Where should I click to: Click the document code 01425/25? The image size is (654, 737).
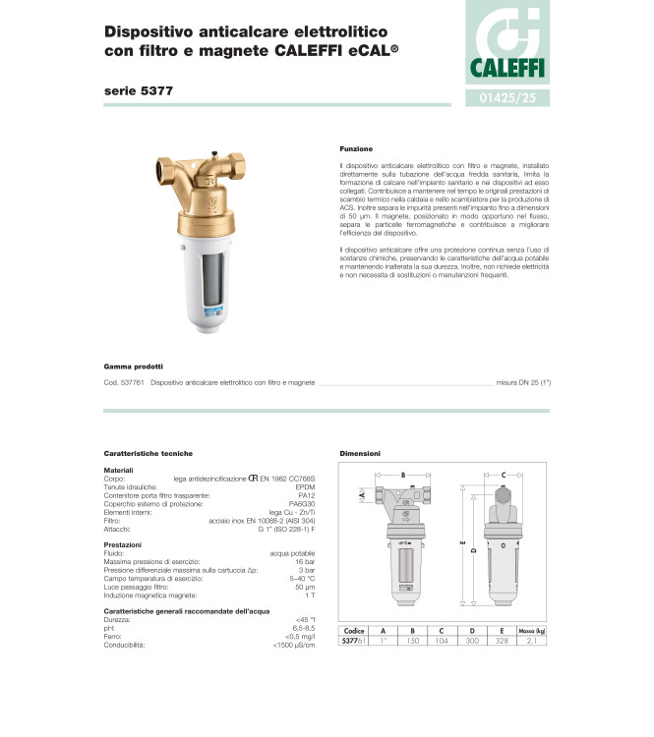click(507, 98)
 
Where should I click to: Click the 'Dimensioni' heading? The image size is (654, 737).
click(360, 453)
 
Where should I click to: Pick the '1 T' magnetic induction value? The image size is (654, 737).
click(322, 595)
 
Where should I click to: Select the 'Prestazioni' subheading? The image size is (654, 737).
click(123, 543)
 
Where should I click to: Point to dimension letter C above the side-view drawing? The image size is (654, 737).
click(504, 475)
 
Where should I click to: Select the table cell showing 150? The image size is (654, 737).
click(413, 640)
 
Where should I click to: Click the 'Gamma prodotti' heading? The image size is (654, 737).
click(133, 366)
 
